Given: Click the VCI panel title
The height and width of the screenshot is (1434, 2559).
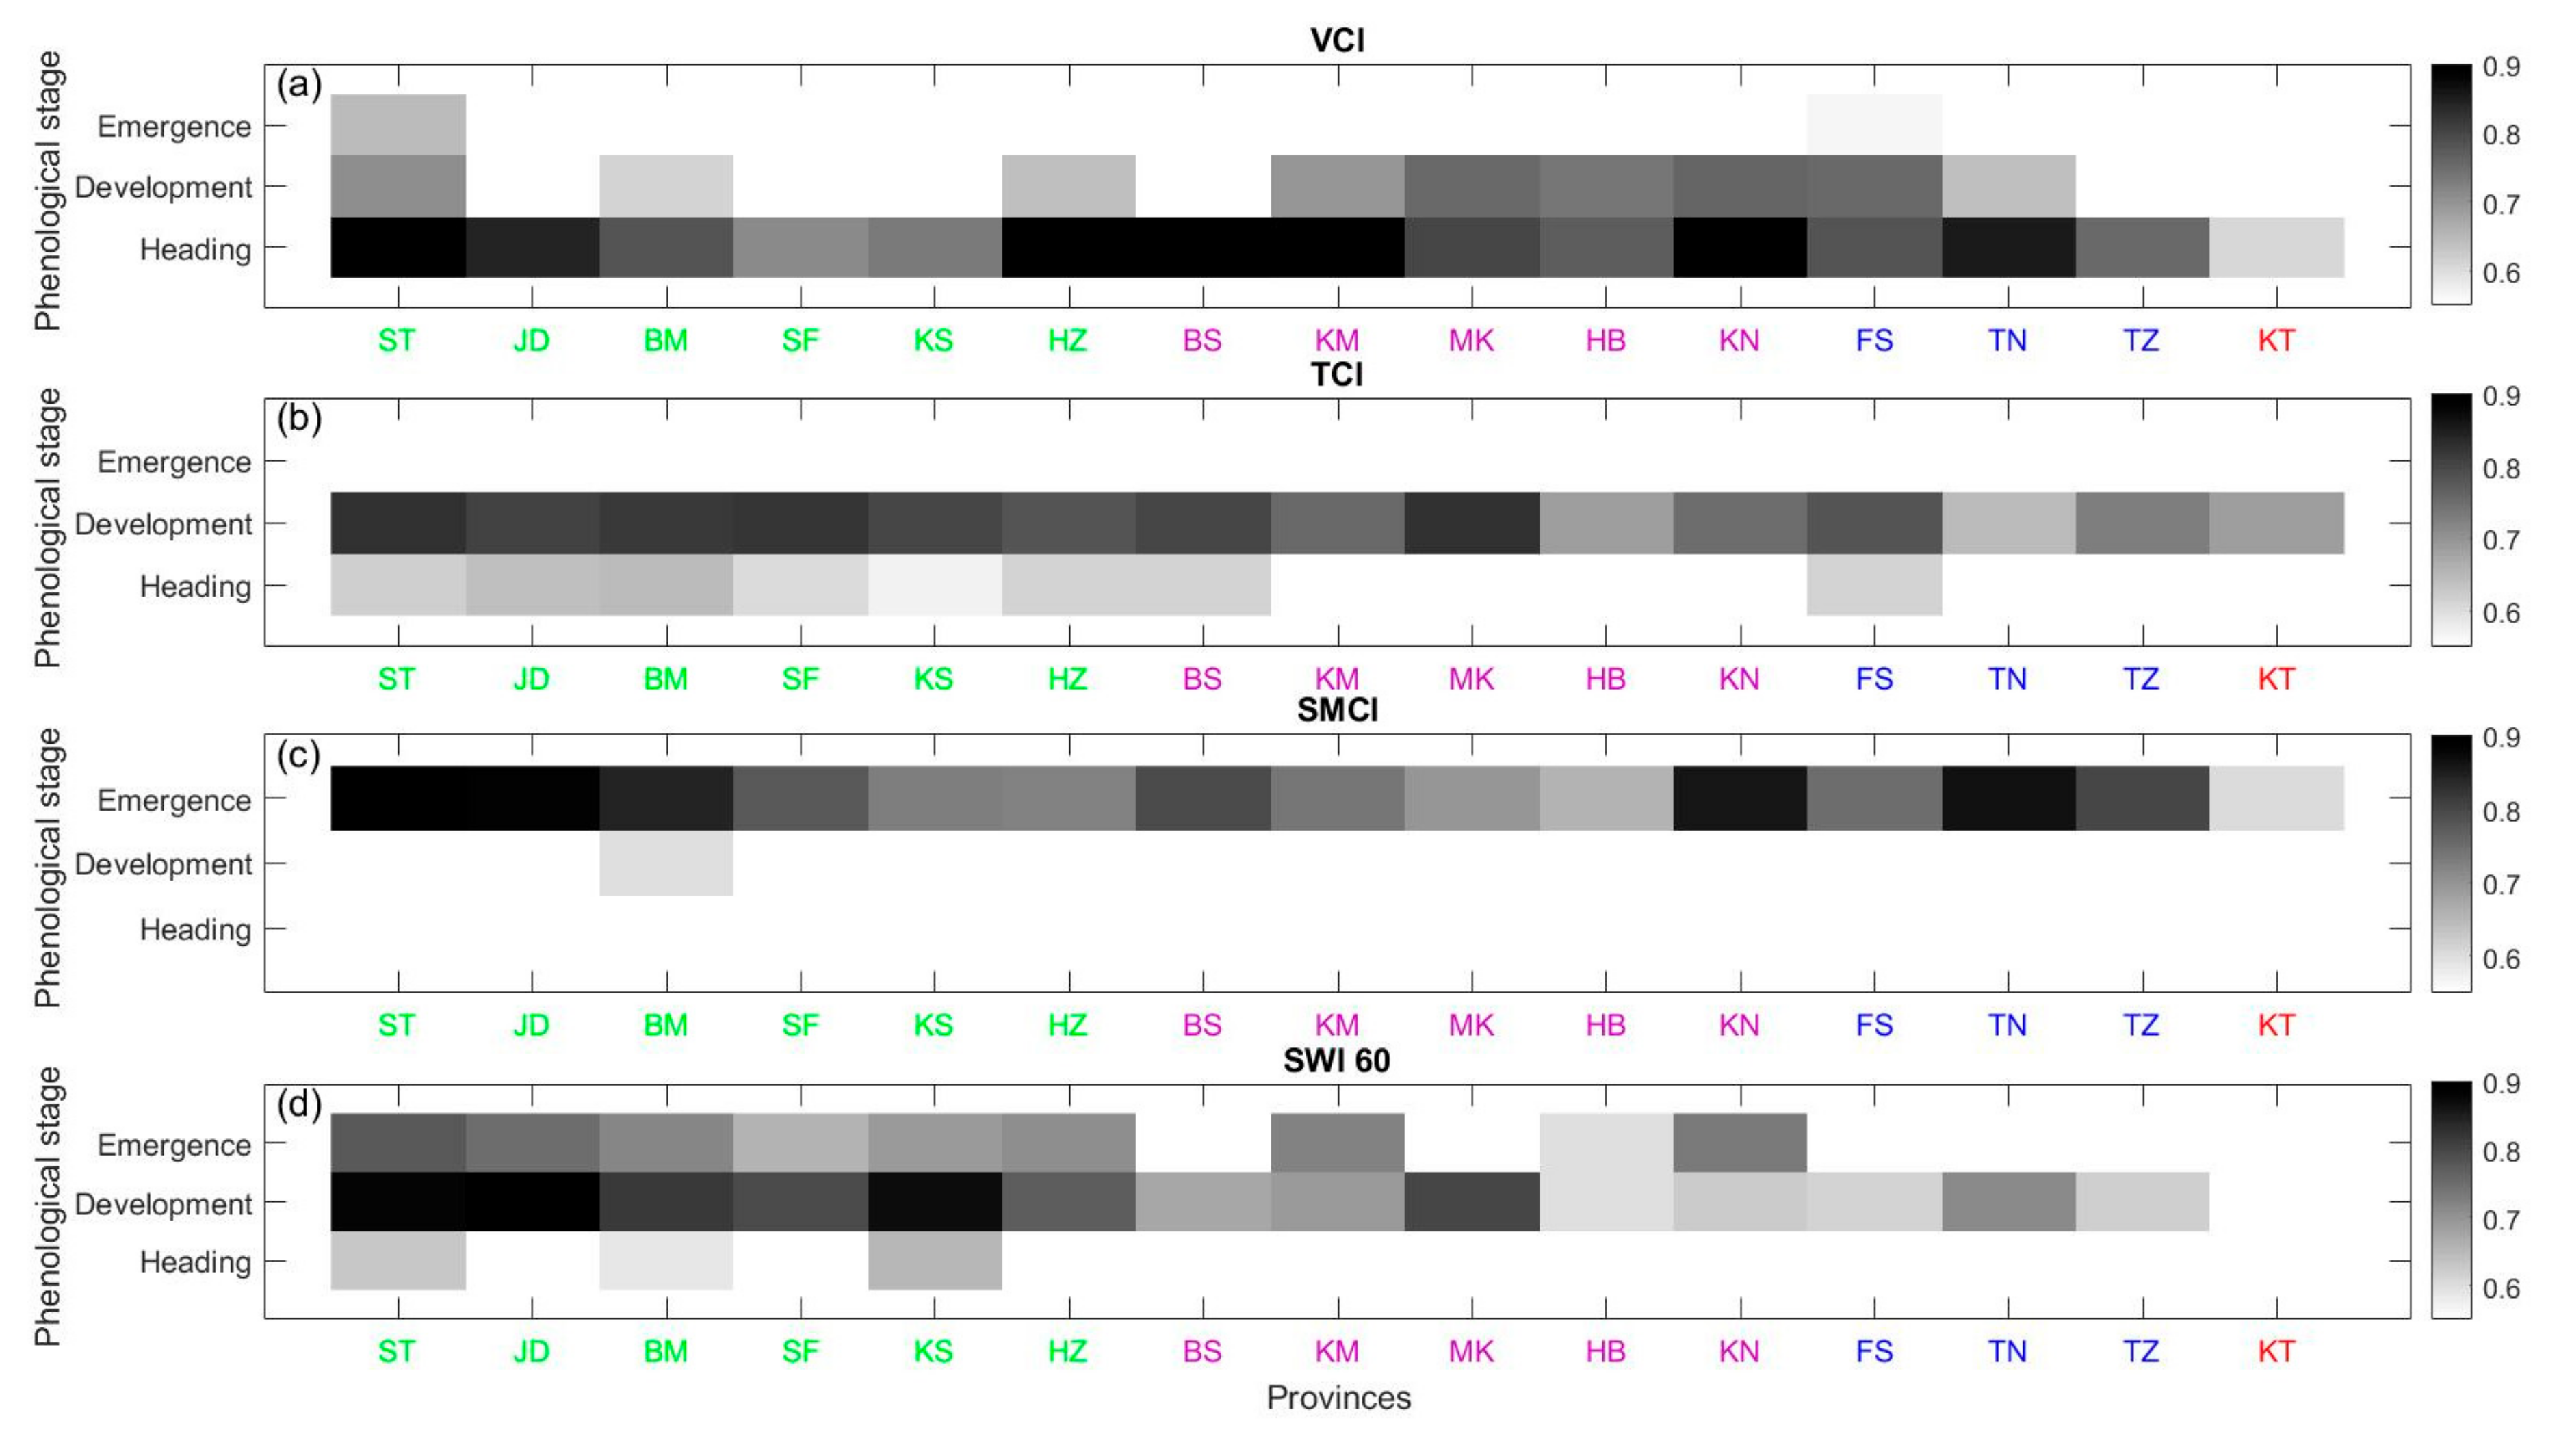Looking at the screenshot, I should pos(1336,41).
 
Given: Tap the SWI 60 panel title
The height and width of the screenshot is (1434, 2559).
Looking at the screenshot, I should pos(1336,1060).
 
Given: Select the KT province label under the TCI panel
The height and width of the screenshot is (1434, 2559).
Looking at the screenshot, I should pos(2276,679).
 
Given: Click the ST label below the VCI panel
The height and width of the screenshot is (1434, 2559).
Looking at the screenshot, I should pos(396,341).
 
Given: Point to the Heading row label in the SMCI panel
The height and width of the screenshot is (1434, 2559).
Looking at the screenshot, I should pos(195,930).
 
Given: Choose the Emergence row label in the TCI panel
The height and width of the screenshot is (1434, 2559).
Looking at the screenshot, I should pos(174,462).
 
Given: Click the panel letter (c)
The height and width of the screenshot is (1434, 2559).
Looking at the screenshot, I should pos(298,756).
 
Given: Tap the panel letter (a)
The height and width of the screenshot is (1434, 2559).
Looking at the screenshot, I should pos(298,86).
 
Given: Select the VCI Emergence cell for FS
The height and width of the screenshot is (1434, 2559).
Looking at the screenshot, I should pos(1873,125).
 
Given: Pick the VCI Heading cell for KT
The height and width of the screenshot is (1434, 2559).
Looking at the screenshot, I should pos(2276,247).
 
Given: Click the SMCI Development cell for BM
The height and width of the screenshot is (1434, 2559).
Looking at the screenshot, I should pos(666,863).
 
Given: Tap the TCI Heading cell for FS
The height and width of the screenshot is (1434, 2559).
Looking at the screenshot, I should pos(1873,585).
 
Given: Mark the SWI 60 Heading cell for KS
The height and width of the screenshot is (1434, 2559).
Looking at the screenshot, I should pos(934,1261).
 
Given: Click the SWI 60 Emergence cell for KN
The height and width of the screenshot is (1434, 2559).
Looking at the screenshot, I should pos(1739,1143).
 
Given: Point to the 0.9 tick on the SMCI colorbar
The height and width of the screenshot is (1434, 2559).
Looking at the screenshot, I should pos(2500,738).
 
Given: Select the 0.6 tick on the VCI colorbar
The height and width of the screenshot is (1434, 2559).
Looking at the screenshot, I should pos(2500,273).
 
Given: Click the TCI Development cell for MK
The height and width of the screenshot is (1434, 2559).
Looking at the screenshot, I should pos(1471,523).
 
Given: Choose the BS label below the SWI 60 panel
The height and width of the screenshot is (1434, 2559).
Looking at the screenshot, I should pos(1202,1352).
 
